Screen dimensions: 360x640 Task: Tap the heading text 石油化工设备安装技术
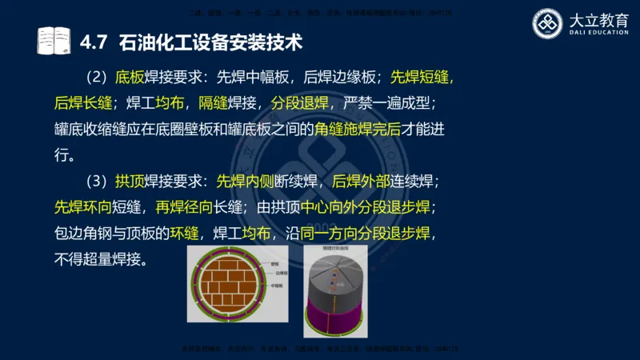tap(210, 41)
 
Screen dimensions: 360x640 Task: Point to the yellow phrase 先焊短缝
tap(422, 78)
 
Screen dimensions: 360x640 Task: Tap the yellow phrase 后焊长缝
tap(83, 103)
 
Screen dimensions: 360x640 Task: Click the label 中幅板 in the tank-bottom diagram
tap(277, 286)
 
